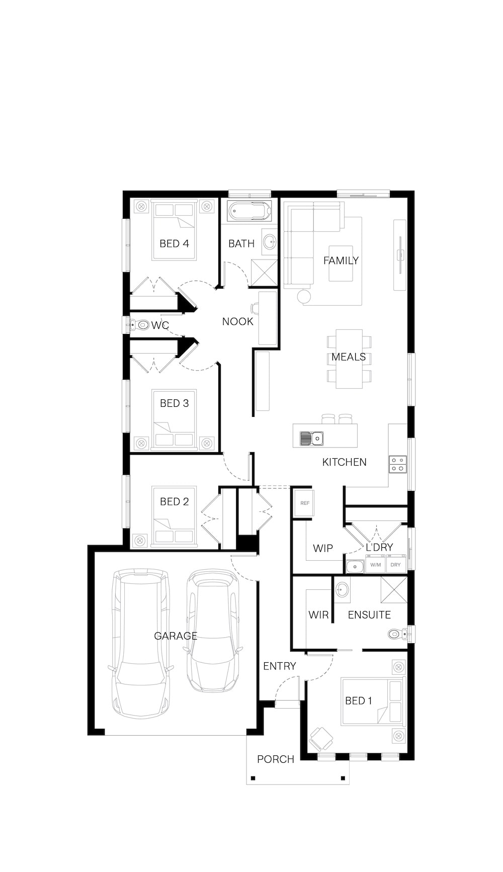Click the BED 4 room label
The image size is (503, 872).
pos(174,243)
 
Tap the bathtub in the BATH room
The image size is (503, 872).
pos(249,211)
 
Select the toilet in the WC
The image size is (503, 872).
pos(140,325)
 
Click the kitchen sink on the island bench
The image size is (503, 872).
pos(312,439)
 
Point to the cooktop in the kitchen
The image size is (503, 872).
pos(397,464)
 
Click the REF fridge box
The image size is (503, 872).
pos(305,503)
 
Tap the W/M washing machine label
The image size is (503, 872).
pos(376,565)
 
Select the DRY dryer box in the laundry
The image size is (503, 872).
pos(396,565)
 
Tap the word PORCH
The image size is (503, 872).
pos(276,759)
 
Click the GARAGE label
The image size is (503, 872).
pos(176,636)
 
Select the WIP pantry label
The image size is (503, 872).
pos(323,548)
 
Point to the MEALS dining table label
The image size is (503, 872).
pos(349,357)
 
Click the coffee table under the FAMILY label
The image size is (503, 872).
pos(341,263)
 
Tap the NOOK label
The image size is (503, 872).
pos(238,321)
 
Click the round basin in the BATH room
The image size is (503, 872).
pos(270,241)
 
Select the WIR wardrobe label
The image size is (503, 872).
pos(318,615)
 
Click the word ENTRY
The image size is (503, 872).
pos(280,666)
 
